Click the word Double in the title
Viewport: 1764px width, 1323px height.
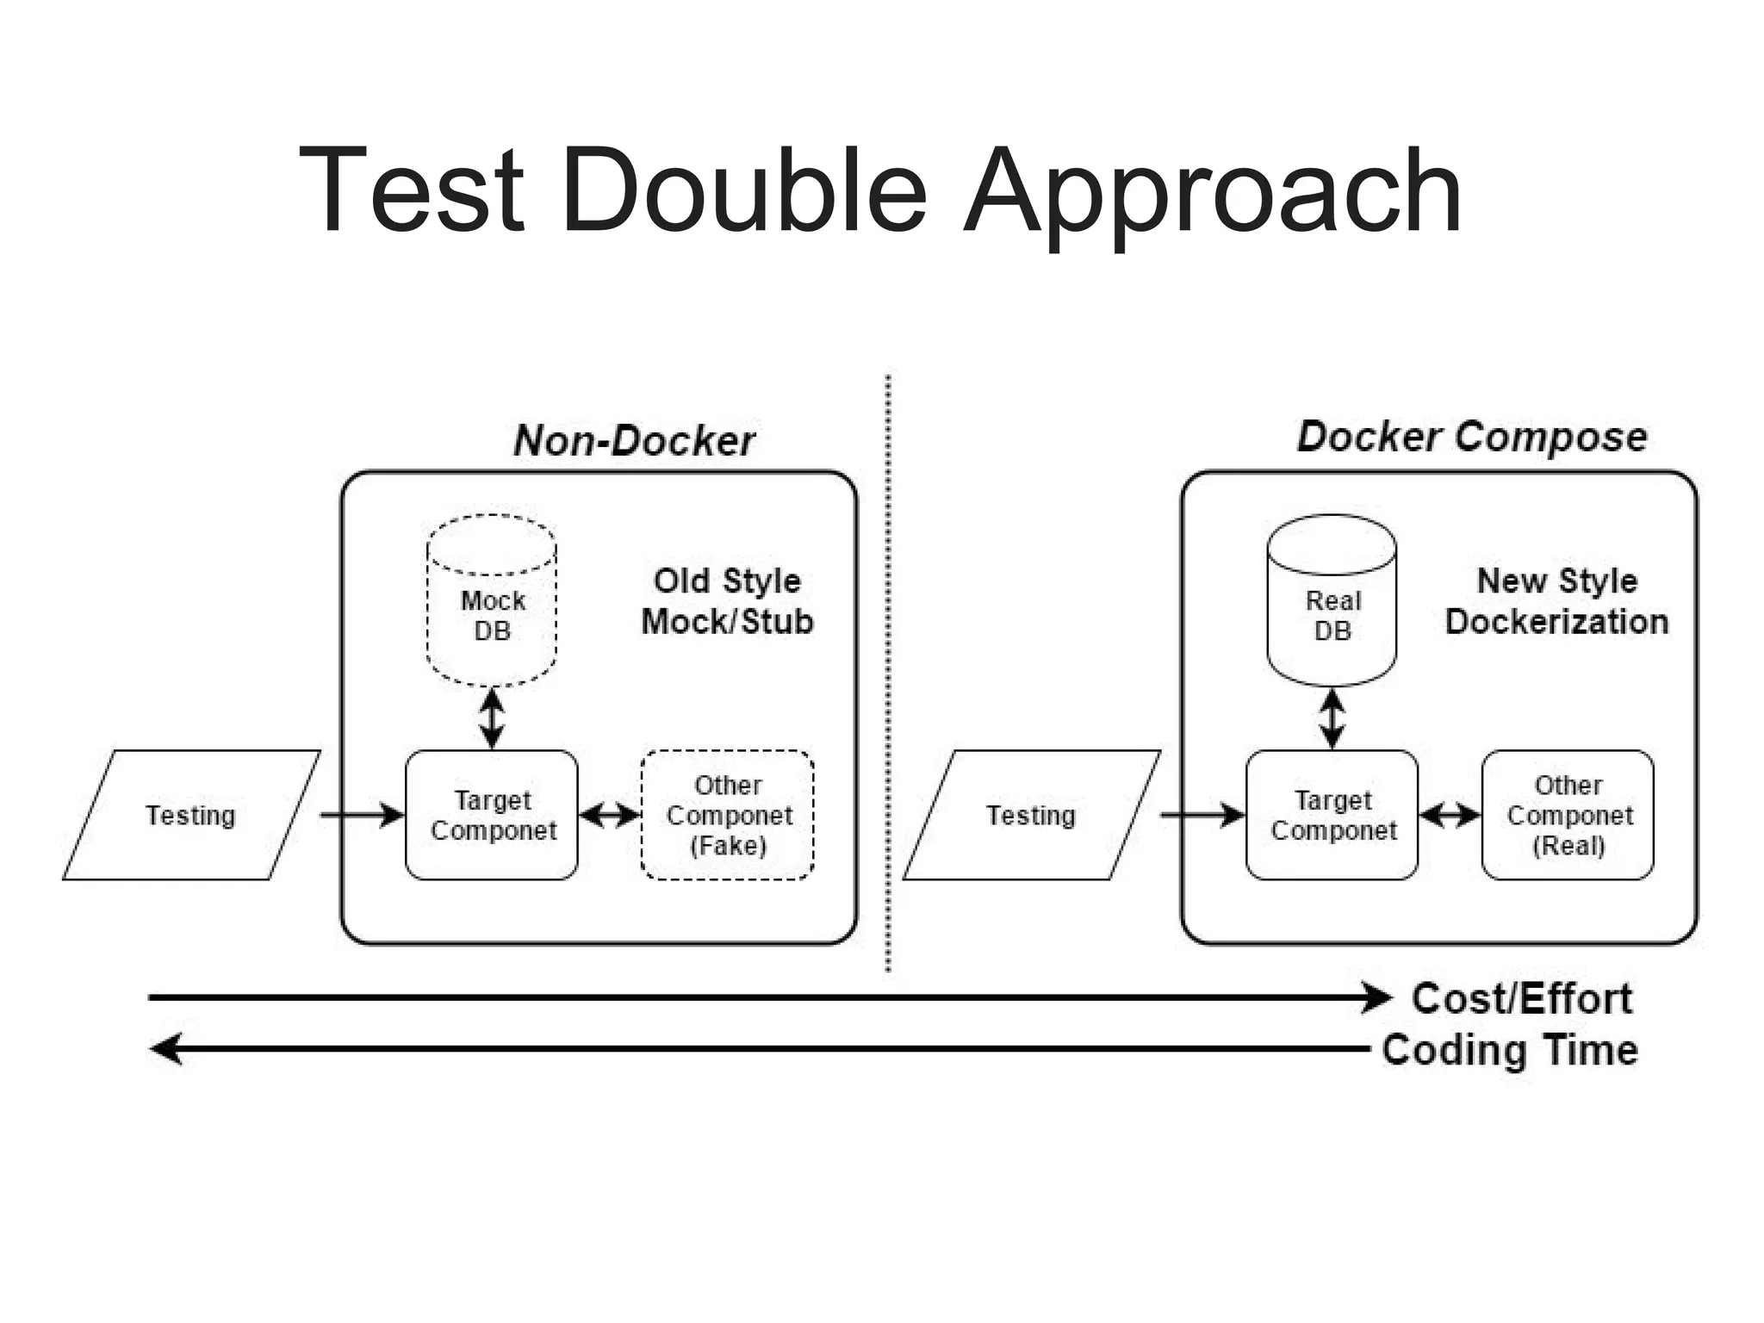click(744, 191)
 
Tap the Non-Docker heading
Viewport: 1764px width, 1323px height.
click(634, 440)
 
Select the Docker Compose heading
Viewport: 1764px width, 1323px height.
click(1471, 437)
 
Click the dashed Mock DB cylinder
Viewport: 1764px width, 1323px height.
click(492, 603)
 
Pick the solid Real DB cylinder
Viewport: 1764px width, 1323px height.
click(1332, 603)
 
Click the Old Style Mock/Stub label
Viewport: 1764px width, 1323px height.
click(727, 601)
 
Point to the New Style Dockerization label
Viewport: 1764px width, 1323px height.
click(1556, 601)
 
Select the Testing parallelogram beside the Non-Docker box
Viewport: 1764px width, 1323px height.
click(190, 815)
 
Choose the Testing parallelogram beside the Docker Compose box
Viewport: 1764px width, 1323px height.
click(1031, 815)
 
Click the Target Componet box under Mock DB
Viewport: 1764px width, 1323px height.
click(492, 815)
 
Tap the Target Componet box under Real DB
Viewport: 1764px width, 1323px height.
click(1332, 815)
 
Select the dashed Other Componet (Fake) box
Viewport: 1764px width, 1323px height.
click(728, 815)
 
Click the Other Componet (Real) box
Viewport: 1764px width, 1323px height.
click(1568, 815)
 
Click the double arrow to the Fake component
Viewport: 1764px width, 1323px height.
click(609, 815)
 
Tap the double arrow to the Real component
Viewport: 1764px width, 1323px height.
click(1450, 815)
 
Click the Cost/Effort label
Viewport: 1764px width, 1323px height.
click(1521, 998)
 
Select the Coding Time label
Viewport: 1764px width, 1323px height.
click(1509, 1050)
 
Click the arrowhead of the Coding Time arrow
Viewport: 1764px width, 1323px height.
click(166, 1048)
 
